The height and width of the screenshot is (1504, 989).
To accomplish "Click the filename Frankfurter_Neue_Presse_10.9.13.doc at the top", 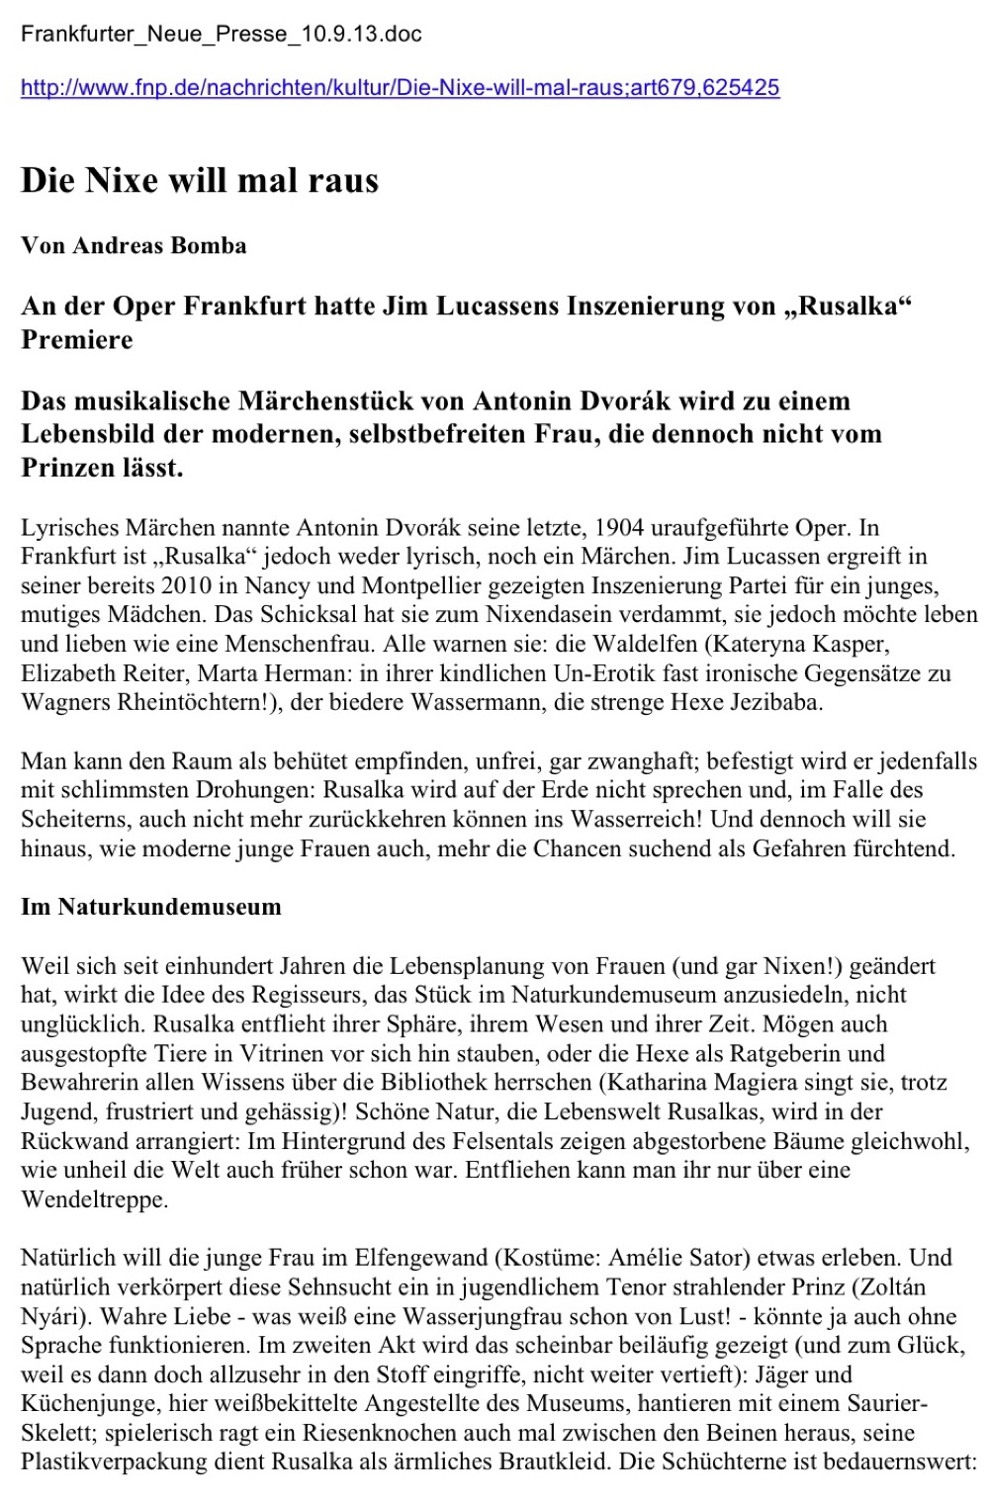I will click(x=222, y=35).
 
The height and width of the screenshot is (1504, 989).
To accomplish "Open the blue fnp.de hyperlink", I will click(x=400, y=88).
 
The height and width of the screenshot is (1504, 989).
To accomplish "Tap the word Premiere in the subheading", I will click(x=77, y=340).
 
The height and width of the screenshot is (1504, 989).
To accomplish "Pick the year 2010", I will click(x=186, y=585).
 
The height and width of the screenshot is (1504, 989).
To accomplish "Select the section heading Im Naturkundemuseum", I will click(x=151, y=908).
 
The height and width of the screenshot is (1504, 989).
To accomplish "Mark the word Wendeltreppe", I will click(x=94, y=1200).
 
